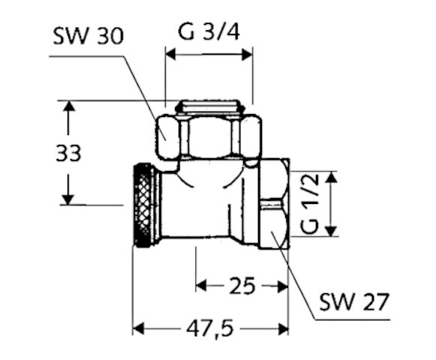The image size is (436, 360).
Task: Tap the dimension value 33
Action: point(68,153)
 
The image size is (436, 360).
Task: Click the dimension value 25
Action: point(241,285)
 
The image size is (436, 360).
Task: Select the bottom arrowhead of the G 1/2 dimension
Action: point(331,231)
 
